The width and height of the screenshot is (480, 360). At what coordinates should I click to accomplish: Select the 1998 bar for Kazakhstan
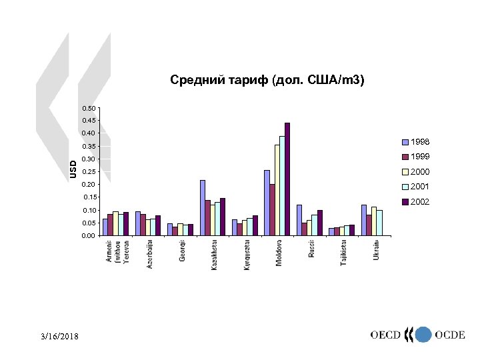203,207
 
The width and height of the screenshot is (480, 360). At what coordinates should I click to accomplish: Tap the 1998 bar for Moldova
267,203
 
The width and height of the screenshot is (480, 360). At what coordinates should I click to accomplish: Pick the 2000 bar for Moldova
277,190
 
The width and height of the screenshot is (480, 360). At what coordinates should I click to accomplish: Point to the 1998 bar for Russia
299,220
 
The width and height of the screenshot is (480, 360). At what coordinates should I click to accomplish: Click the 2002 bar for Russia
320,223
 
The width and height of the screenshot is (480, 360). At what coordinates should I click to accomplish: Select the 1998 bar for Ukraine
364,220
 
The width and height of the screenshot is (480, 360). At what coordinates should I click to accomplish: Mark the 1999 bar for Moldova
272,209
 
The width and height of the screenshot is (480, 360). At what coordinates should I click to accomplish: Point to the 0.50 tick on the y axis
89,108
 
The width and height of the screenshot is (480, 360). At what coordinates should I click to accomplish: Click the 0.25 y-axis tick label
89,172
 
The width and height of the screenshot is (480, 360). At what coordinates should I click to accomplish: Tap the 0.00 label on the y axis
89,236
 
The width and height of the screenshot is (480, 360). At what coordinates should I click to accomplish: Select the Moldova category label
279,253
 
